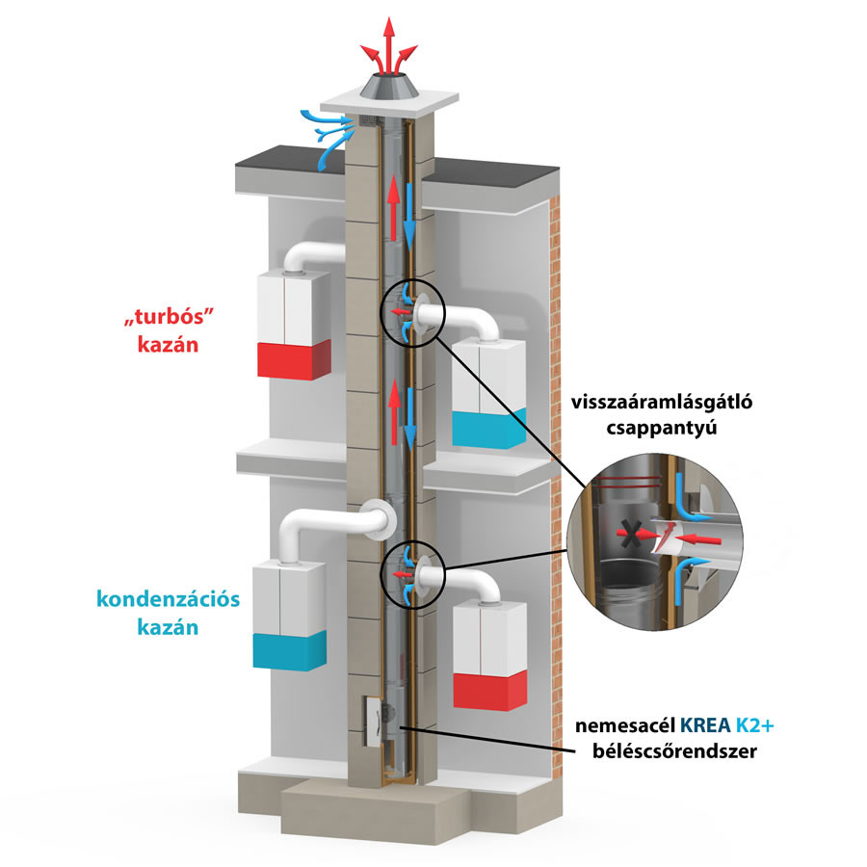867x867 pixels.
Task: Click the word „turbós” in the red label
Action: (169, 318)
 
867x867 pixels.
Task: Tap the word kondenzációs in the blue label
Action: (168, 599)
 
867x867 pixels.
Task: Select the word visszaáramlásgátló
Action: (661, 402)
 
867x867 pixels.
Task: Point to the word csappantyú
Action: (661, 429)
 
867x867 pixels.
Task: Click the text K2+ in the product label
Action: (754, 724)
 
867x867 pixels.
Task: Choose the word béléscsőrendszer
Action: (674, 750)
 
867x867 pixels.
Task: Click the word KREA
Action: (705, 724)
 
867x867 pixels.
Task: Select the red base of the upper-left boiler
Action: (294, 360)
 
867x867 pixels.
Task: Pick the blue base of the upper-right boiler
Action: (488, 429)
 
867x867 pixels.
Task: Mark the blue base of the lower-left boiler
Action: (289, 651)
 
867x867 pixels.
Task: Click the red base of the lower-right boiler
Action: (490, 691)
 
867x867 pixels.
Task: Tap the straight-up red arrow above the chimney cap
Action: (389, 44)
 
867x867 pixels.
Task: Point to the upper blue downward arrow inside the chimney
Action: (409, 217)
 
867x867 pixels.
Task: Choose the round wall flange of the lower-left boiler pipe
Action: (380, 520)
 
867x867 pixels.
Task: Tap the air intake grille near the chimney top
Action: (368, 120)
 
